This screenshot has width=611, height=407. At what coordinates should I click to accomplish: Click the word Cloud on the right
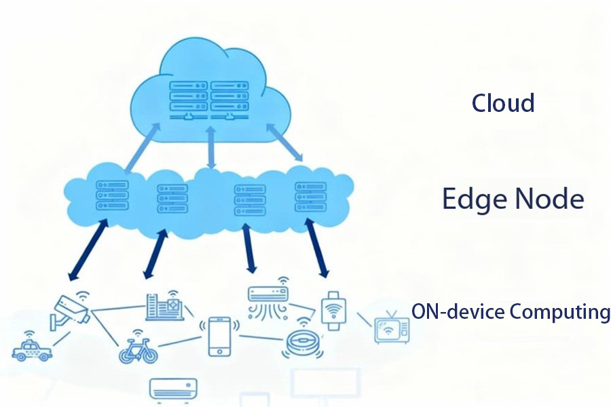[x=503, y=103]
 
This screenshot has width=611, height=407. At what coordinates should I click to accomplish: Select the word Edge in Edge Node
[x=473, y=199]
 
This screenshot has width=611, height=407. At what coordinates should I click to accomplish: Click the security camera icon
[x=72, y=310]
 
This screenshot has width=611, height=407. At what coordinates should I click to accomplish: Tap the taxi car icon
[x=31, y=349]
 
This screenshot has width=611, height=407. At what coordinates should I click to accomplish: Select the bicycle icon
[x=138, y=351]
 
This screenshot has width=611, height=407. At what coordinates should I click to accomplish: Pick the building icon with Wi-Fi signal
[x=163, y=307]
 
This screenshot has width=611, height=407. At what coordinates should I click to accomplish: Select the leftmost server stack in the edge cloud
[x=111, y=195]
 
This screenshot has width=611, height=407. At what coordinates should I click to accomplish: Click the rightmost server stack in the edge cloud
[x=310, y=197]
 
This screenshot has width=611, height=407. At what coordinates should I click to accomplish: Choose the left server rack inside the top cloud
[x=186, y=98]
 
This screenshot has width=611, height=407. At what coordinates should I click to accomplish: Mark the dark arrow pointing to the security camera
[x=88, y=250]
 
